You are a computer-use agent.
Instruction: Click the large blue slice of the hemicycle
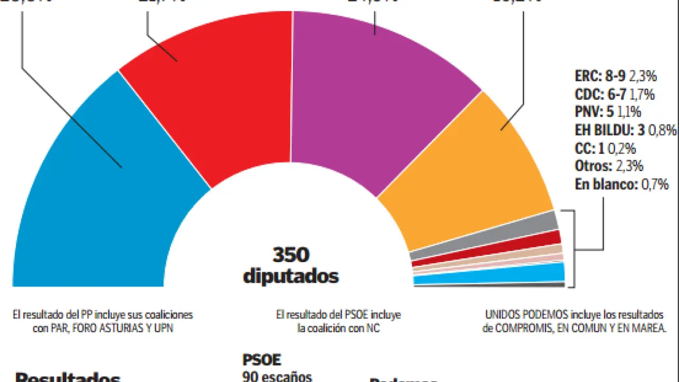point(95,202)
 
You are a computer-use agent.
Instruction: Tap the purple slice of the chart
point(371,95)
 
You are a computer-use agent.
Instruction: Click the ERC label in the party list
point(587,76)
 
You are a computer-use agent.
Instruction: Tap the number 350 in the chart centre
point(291,256)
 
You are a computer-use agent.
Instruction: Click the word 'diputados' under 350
point(291,276)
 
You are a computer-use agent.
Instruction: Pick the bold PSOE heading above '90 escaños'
point(261,360)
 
